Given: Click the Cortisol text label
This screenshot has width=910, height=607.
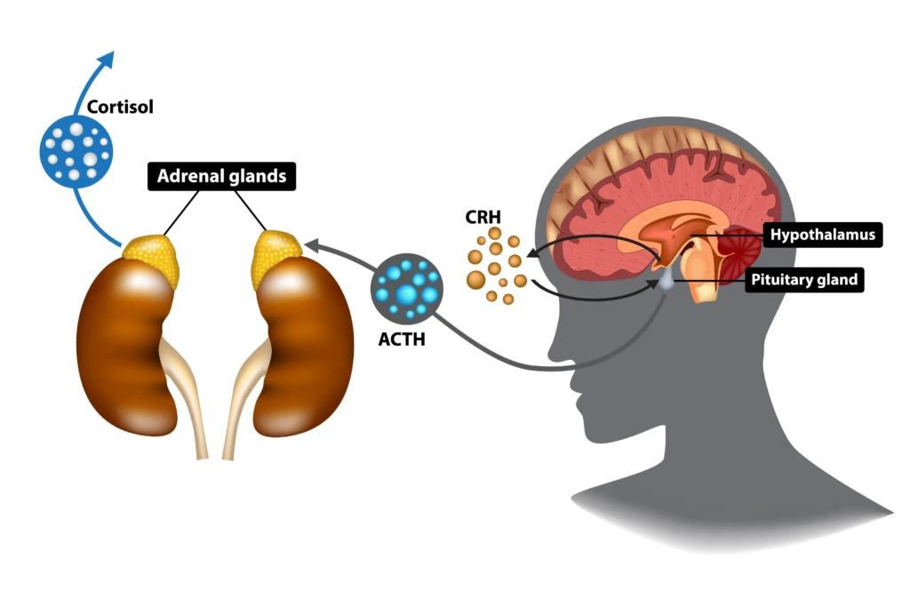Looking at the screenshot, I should tap(120, 108).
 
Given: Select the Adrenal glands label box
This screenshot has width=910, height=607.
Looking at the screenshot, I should tap(221, 176).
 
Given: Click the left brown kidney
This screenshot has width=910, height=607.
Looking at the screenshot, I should tap(121, 347).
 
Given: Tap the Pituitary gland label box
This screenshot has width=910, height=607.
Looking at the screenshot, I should tap(804, 280).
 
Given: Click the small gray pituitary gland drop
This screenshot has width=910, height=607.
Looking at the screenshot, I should tap(666, 282).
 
